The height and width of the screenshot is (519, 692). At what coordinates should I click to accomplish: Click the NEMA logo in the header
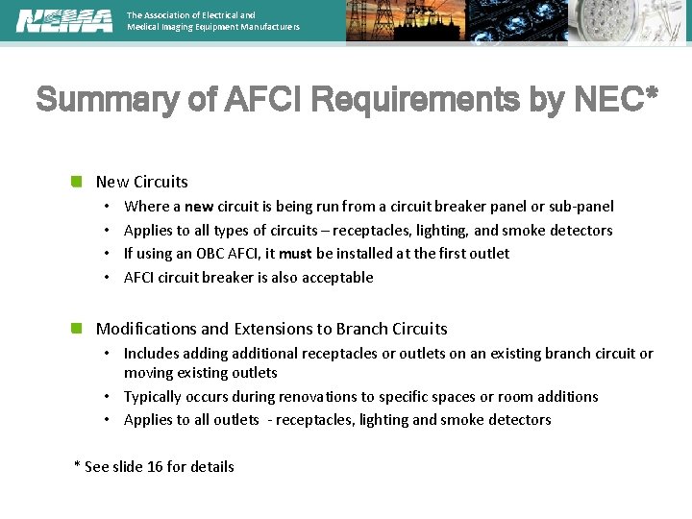(x=63, y=21)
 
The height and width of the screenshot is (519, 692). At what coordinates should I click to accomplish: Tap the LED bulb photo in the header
(x=630, y=21)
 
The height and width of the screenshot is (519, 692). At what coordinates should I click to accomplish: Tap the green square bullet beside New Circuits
(x=77, y=181)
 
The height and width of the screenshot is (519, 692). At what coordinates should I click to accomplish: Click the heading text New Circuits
(x=141, y=182)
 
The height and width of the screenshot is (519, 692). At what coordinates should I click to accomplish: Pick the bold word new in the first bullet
(x=199, y=207)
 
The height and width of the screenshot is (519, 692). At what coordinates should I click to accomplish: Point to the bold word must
(x=296, y=254)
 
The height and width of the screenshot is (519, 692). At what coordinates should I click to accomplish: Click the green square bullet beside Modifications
(x=77, y=328)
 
